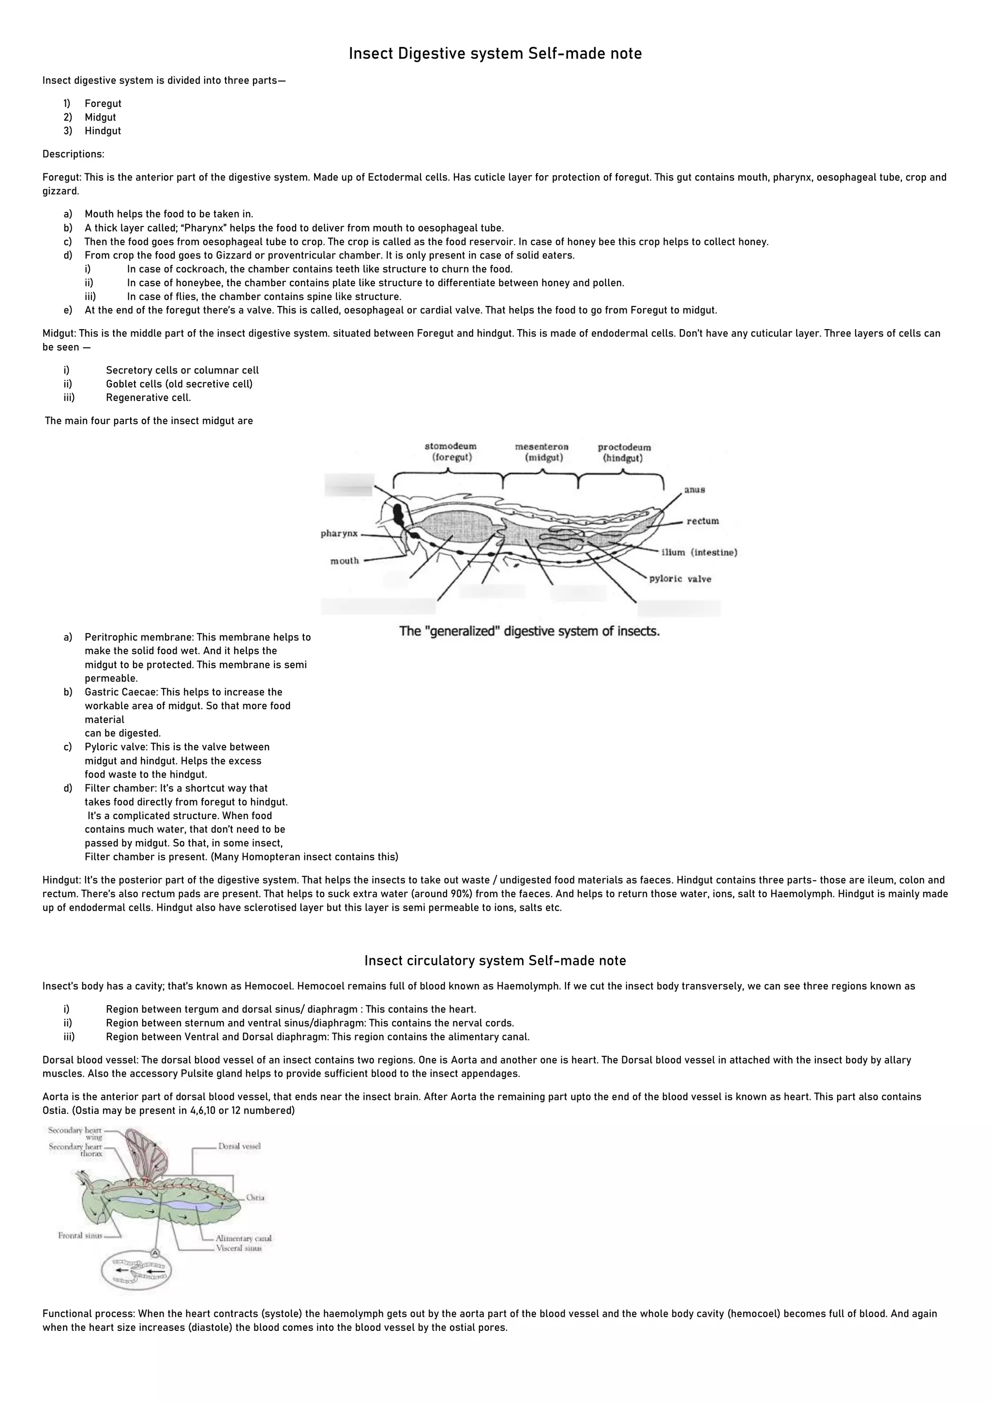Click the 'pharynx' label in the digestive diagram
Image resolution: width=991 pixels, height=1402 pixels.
(x=339, y=533)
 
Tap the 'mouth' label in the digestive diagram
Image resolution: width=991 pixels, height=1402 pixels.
(x=345, y=561)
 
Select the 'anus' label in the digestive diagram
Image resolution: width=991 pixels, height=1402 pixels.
(x=694, y=490)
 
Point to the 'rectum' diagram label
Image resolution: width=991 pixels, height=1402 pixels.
(x=703, y=521)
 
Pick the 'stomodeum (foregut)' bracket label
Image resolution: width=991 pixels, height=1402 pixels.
(x=450, y=452)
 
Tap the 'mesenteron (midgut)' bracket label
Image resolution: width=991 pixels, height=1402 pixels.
(x=542, y=452)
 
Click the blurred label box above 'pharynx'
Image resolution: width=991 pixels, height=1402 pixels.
(x=349, y=484)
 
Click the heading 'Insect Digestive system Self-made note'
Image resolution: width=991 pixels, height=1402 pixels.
(x=495, y=54)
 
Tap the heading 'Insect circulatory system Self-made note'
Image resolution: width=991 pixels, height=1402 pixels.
(x=495, y=960)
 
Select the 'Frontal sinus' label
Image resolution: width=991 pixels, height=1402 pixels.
(x=80, y=1235)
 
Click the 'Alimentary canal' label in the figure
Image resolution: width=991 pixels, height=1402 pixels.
(x=243, y=1238)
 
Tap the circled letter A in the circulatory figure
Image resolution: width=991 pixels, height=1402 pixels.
(x=155, y=1252)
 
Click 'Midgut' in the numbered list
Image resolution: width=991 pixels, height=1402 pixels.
(x=100, y=117)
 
